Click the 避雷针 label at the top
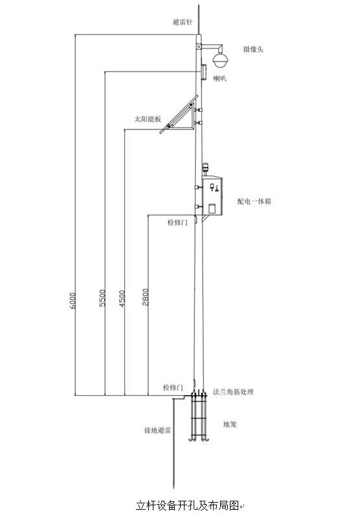183,22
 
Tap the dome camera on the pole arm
220,58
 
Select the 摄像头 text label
253,49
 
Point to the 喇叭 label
219,78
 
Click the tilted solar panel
179,115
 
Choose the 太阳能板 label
148,119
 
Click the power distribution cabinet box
212,196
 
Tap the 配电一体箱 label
254,201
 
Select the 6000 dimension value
73,301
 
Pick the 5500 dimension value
103,298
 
